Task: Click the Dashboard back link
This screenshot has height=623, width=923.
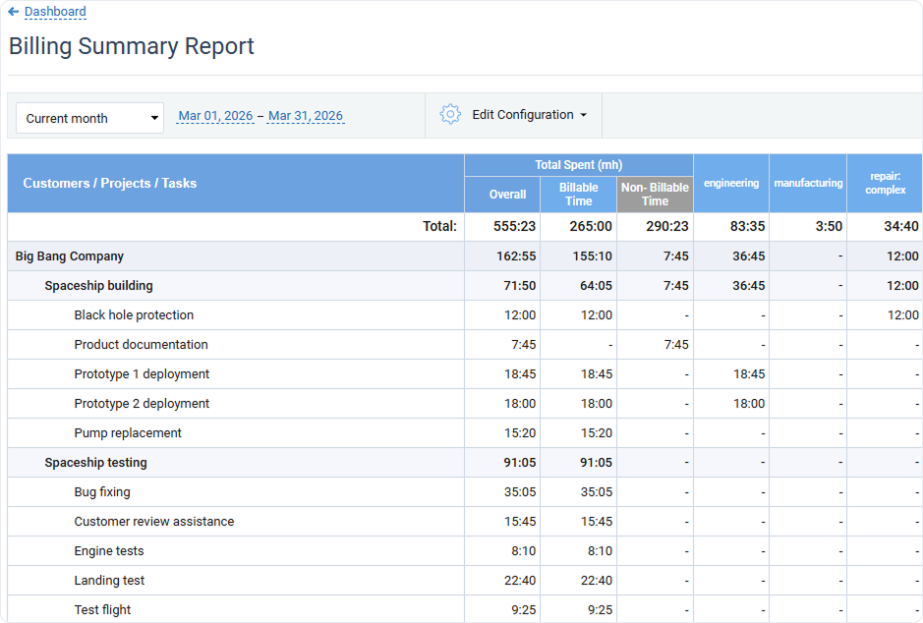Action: click(55, 12)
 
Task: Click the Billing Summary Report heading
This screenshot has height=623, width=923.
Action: click(132, 46)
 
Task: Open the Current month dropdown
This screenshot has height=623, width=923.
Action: click(89, 118)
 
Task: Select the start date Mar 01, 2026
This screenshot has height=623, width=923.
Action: click(215, 116)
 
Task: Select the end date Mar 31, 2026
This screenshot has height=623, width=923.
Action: click(306, 116)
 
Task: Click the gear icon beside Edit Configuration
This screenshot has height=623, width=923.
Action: click(450, 114)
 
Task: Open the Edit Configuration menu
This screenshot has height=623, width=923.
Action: click(529, 115)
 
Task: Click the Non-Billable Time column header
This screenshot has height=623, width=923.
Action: click(655, 194)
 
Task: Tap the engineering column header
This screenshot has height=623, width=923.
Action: click(730, 183)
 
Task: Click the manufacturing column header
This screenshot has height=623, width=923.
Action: click(808, 183)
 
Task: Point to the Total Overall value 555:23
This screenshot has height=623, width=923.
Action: click(514, 226)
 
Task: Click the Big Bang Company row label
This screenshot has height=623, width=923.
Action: click(70, 256)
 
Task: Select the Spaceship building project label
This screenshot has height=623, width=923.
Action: click(98, 286)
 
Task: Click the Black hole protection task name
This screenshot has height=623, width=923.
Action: click(134, 315)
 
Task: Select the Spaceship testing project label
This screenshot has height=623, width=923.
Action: click(95, 463)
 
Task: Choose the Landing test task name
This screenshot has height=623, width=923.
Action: click(109, 581)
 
